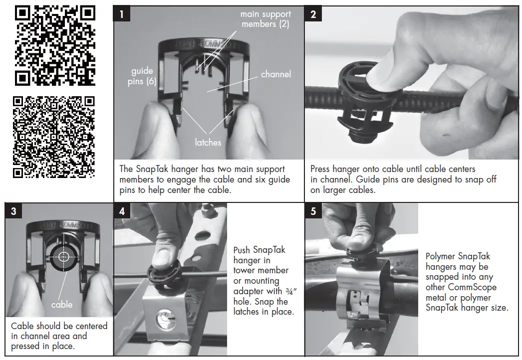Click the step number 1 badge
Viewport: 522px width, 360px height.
click(122, 14)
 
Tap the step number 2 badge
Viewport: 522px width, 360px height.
click(313, 14)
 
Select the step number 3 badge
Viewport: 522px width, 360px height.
click(13, 211)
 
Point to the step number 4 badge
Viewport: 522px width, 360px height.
click(122, 211)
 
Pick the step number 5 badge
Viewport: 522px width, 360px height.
click(313, 211)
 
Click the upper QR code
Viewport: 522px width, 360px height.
click(55, 45)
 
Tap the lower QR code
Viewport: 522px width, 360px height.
click(54, 137)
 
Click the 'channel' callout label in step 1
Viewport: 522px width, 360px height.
click(275, 74)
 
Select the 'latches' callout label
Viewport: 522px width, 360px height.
click(208, 143)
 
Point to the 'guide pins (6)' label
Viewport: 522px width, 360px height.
click(142, 76)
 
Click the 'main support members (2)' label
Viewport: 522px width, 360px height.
click(265, 19)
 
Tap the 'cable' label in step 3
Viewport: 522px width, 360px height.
click(62, 304)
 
